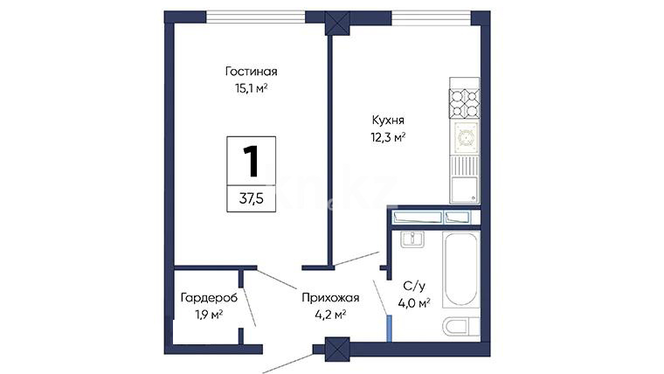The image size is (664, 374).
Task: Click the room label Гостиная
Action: pos(251,71)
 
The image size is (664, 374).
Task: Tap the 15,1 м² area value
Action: pos(251,88)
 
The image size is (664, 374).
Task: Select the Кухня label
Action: pos(388,120)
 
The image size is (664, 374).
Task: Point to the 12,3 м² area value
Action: pos(388,137)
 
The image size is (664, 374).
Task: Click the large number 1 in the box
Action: pos(251,161)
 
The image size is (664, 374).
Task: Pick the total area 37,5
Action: pos(251,197)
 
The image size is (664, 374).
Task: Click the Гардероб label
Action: pos(209,298)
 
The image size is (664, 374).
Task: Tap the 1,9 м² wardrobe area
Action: pos(209,315)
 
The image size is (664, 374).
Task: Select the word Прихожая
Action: pos(330,298)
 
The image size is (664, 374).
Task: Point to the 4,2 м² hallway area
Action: pos(330,315)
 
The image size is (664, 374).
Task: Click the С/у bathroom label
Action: pos(414,286)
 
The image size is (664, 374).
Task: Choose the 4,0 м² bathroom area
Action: pos(414,303)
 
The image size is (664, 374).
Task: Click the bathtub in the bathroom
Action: pos(461,269)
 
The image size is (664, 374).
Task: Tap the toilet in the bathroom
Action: pos(461,327)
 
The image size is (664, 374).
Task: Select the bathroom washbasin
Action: pos(412,239)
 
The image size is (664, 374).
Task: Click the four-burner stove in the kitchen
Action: pos(465,103)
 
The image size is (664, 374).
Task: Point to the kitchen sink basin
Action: pos(465,190)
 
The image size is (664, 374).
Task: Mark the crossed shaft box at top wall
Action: pos(337,23)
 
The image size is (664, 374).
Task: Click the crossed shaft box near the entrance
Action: pos(337,350)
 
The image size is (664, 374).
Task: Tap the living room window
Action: pos(255,17)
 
